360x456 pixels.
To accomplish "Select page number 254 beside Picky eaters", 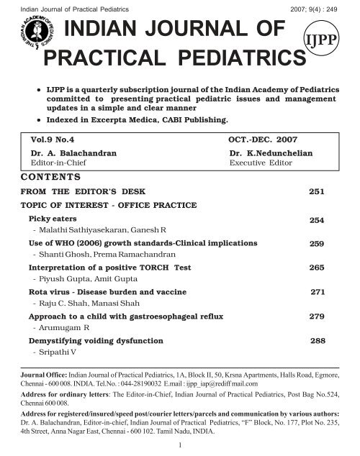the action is click(317, 219).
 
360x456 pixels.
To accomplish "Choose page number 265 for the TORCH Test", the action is click(317, 268).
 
